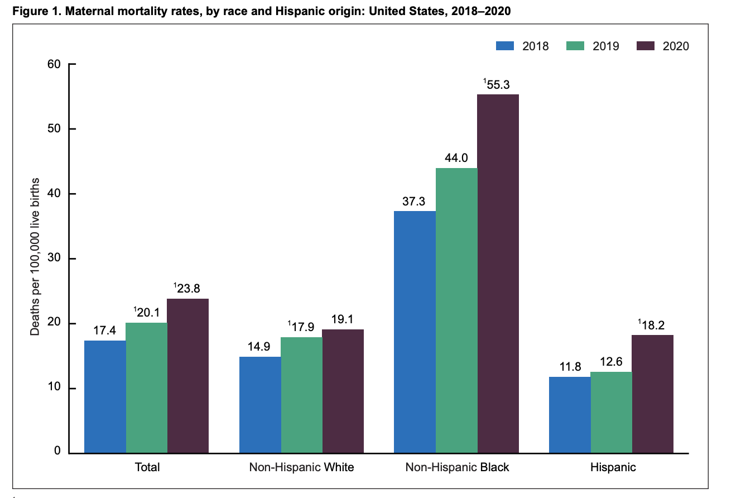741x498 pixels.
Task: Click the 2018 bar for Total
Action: pyautogui.click(x=105, y=397)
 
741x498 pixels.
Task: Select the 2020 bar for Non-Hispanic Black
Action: pyautogui.click(x=498, y=274)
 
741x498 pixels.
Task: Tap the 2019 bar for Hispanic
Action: pyautogui.click(x=611, y=413)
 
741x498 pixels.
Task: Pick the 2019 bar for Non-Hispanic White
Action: pyautogui.click(x=301, y=395)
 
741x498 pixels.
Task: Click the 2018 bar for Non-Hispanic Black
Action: pyautogui.click(x=415, y=332)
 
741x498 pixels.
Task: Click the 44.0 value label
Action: pyautogui.click(x=456, y=159)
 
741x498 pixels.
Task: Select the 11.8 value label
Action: pyautogui.click(x=570, y=367)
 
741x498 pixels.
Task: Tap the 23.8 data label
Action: pyautogui.click(x=187, y=289)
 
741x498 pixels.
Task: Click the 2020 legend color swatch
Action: pyautogui.click(x=644, y=46)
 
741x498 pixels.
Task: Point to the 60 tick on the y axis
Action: pyautogui.click(x=54, y=64)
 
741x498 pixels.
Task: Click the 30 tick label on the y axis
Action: pyautogui.click(x=54, y=259)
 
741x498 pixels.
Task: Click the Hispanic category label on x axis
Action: pyautogui.click(x=613, y=467)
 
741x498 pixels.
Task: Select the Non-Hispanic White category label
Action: pyautogui.click(x=301, y=467)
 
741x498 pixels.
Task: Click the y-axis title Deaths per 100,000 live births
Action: pyautogui.click(x=35, y=257)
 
